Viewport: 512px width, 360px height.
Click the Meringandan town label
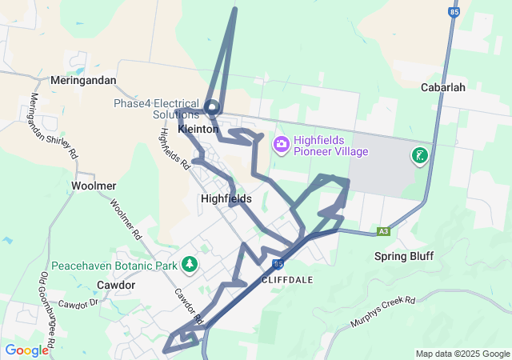(x=83, y=81)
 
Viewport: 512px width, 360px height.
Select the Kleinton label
(x=198, y=129)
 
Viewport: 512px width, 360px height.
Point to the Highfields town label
(x=226, y=198)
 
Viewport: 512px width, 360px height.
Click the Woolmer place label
(x=94, y=186)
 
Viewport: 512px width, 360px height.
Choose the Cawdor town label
(x=116, y=285)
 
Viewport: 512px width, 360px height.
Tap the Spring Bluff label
(x=404, y=256)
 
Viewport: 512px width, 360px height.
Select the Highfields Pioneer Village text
(x=330, y=145)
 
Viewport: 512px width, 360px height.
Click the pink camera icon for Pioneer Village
(x=281, y=145)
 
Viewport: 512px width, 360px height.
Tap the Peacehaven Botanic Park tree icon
(x=190, y=263)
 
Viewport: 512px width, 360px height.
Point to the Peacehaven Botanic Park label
(x=114, y=265)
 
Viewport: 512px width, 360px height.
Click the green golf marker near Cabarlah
(x=419, y=156)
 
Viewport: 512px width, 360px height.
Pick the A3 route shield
(x=384, y=231)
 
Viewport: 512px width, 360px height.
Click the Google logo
(x=26, y=350)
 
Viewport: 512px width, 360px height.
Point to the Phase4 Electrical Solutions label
(x=156, y=109)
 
